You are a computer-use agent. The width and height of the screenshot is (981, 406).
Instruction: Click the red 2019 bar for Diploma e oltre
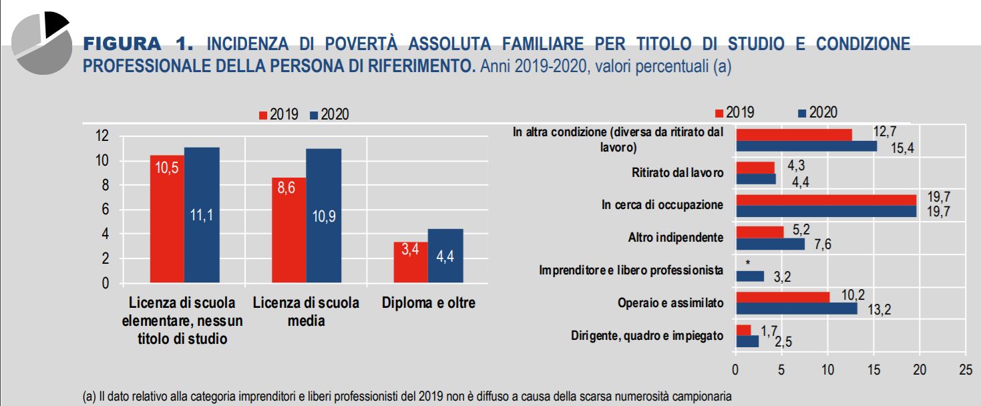point(411,262)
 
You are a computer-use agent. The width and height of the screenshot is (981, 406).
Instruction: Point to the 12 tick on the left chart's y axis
point(102,136)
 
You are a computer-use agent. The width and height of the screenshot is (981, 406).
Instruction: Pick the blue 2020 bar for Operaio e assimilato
point(796,309)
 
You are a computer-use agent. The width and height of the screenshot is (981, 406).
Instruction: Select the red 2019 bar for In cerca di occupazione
point(825,200)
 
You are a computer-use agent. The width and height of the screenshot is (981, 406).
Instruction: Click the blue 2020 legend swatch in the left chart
point(314,115)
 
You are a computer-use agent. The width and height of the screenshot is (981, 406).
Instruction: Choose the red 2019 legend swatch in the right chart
point(719,113)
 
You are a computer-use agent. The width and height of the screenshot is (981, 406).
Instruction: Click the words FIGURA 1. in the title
point(138,45)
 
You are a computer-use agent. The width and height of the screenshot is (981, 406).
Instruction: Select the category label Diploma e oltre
point(428,303)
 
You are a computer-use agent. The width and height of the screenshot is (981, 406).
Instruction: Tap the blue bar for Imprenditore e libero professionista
point(749,276)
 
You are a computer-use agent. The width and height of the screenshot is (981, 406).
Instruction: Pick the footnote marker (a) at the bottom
point(89,397)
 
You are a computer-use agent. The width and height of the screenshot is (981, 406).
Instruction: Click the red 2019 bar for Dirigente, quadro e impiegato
point(743,330)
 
